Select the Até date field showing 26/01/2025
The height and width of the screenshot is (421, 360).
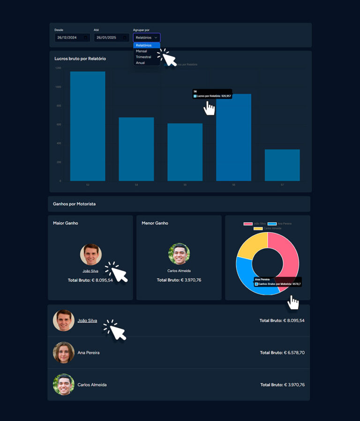(111, 38)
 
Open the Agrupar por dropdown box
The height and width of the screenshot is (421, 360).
(147, 38)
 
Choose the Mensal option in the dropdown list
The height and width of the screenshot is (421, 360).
(142, 51)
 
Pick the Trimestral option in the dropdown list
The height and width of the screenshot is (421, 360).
(143, 57)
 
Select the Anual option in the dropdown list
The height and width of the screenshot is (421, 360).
(141, 63)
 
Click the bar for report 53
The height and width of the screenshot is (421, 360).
(88, 127)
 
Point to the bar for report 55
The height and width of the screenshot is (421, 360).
(185, 152)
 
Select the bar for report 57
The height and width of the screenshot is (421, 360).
(282, 165)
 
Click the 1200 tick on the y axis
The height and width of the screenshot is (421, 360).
(58, 68)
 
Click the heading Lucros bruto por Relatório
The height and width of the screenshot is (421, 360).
(80, 59)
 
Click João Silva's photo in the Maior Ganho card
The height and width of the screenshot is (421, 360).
(90, 255)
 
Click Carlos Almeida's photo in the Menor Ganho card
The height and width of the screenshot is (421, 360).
(179, 254)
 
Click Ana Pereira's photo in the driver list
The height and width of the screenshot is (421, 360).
(64, 353)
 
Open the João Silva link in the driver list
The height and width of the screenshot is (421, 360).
(87, 321)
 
